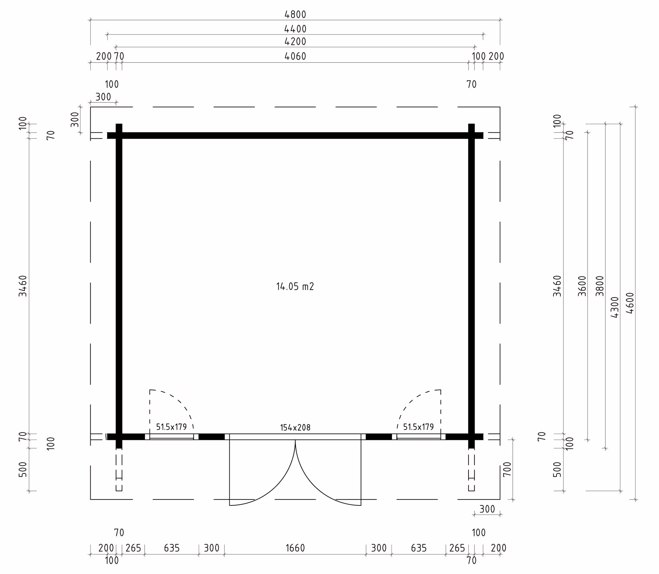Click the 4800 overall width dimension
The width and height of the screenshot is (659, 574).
point(295,14)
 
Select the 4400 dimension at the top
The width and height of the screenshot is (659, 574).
point(295,29)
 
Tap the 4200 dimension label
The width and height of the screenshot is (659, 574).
point(295,42)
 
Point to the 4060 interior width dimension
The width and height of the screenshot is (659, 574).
point(295,56)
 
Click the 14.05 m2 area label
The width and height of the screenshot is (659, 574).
point(295,286)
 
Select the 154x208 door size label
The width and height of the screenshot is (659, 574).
point(295,428)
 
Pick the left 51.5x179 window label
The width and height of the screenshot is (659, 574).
point(171,427)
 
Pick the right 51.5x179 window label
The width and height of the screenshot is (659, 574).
point(418,427)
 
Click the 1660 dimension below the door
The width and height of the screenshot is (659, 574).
point(295,548)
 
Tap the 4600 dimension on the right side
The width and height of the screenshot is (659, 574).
point(630,303)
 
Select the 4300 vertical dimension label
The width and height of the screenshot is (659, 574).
point(615,307)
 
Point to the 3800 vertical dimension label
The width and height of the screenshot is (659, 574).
point(600,286)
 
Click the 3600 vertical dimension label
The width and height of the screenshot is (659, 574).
point(582,286)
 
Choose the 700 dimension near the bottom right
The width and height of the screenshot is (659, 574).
point(507,469)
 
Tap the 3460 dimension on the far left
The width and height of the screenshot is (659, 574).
point(23,286)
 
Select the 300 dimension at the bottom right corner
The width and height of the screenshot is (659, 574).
point(487,509)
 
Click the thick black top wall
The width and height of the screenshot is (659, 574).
point(295,135)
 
